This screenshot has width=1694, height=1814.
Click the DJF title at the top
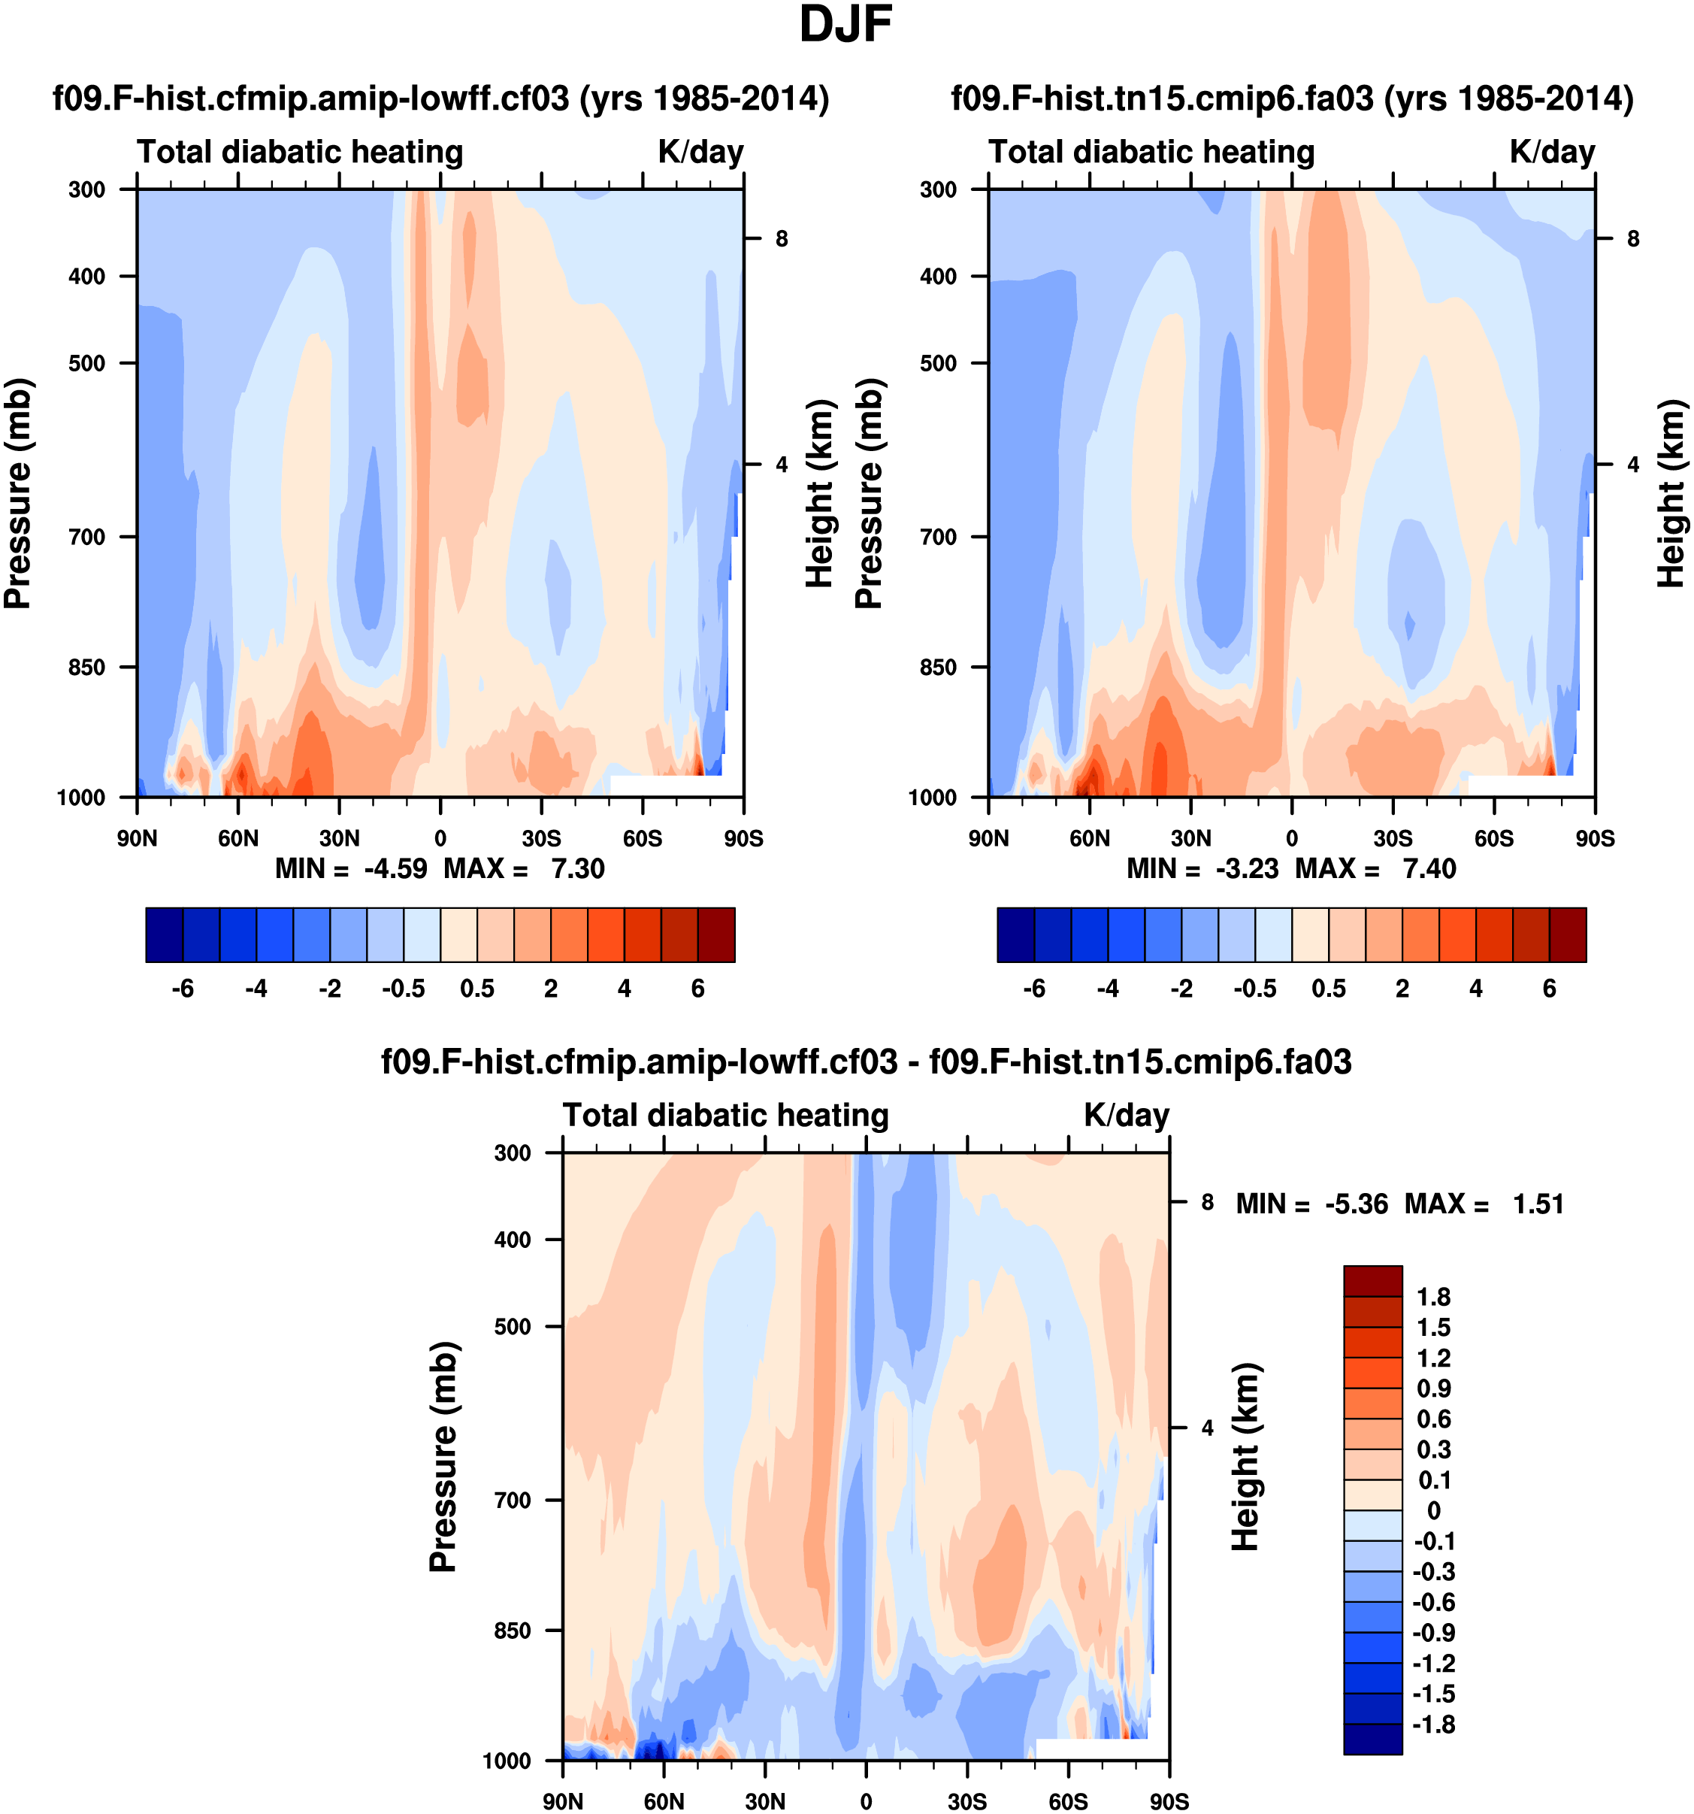845,26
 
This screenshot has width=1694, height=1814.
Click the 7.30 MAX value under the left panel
577,869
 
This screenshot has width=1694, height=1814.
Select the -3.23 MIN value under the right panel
1247,869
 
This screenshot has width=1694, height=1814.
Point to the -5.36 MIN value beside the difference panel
1357,1204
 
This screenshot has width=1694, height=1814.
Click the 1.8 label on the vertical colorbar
1433,1297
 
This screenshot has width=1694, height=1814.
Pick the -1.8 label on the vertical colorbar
1433,1725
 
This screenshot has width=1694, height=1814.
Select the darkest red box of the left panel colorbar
716,934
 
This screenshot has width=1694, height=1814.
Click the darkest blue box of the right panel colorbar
1016,934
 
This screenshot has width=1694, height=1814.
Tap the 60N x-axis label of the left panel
238,838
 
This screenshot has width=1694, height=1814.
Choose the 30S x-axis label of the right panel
1393,838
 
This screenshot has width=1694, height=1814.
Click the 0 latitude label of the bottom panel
866,1802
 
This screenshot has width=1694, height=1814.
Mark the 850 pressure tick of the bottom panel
513,1630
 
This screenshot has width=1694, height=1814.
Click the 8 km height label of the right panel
1633,239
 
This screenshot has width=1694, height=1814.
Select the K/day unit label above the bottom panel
1126,1115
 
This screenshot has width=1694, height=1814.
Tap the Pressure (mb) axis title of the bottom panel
443,1456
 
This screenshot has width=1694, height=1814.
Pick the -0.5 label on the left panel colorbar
403,989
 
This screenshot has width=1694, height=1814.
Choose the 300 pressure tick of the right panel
938,189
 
